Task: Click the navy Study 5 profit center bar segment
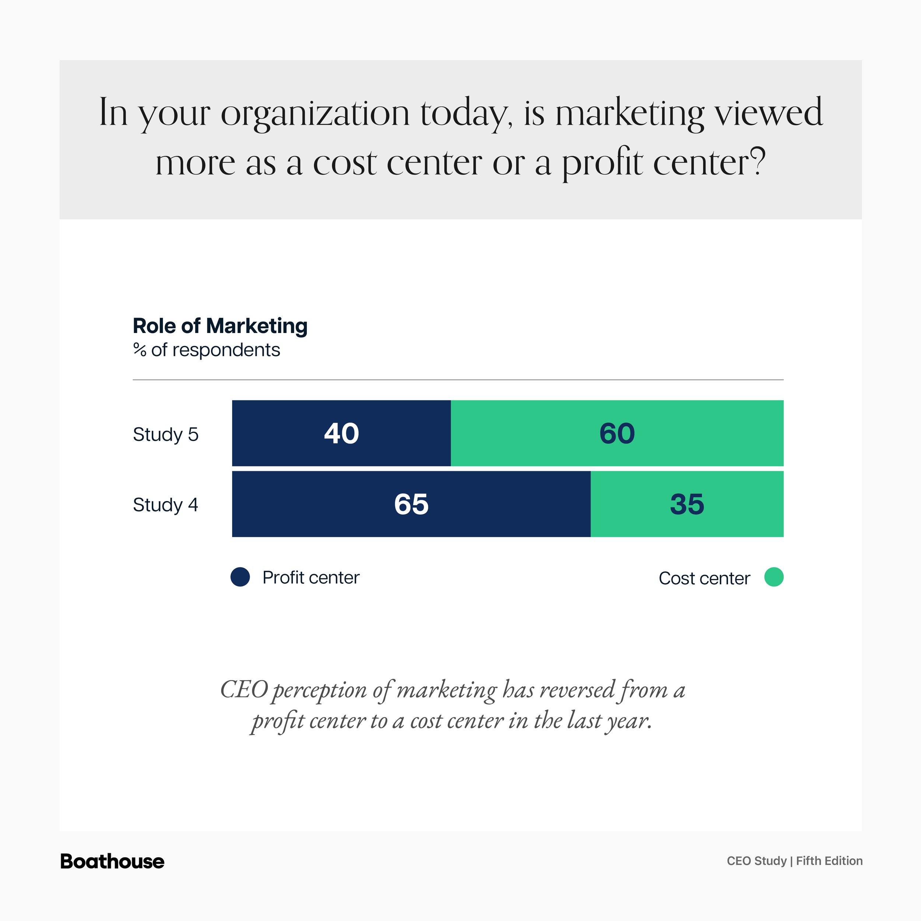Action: pyautogui.click(x=342, y=433)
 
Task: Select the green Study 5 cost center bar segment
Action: pyautogui.click(x=617, y=433)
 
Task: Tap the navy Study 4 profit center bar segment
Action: pyautogui.click(x=412, y=504)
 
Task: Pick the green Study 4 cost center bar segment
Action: pyautogui.click(x=687, y=504)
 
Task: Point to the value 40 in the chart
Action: pyautogui.click(x=342, y=433)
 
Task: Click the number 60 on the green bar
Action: pyautogui.click(x=617, y=433)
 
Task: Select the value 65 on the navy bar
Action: pyautogui.click(x=412, y=504)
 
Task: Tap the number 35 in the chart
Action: pyautogui.click(x=687, y=504)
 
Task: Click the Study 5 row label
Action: pyautogui.click(x=165, y=435)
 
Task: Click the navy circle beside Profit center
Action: pyautogui.click(x=240, y=577)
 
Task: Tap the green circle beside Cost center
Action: pyautogui.click(x=774, y=577)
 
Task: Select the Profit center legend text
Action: pyautogui.click(x=311, y=577)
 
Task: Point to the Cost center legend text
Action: pyautogui.click(x=704, y=578)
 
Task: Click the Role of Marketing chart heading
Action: pyautogui.click(x=220, y=326)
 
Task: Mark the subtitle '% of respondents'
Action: pyautogui.click(x=206, y=350)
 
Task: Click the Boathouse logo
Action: pyautogui.click(x=112, y=861)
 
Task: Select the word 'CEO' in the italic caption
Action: pyautogui.click(x=244, y=690)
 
